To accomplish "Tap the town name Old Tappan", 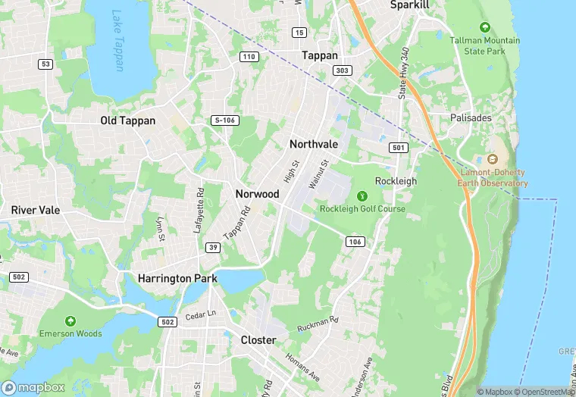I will [x=127, y=120].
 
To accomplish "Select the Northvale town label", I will [x=314, y=144].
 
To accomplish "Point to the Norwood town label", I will [x=258, y=194].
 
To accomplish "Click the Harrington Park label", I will [x=177, y=279].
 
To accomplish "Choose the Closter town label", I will [x=258, y=340].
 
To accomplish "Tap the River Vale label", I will [x=35, y=210].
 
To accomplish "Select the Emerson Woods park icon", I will [x=70, y=321].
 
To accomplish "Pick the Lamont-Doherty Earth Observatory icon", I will [x=493, y=160].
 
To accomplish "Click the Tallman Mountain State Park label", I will [x=485, y=45].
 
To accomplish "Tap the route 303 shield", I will [x=342, y=70].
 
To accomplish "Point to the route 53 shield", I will [x=46, y=64].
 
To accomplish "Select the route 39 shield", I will [x=214, y=248].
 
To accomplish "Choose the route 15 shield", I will [x=299, y=32].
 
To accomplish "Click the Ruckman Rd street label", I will [x=319, y=324].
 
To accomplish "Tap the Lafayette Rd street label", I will [x=199, y=211].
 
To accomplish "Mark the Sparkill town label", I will [x=410, y=5].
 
